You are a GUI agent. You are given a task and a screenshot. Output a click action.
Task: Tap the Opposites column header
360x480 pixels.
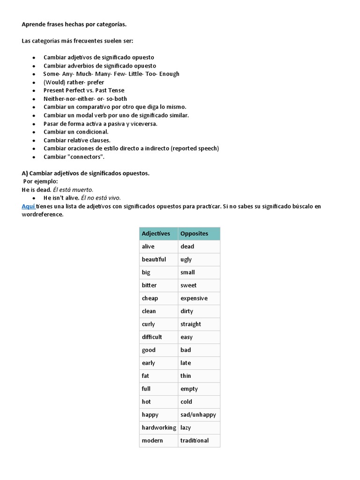pyautogui.click(x=194, y=233)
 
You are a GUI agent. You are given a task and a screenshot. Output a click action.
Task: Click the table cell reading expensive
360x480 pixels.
pyautogui.click(x=194, y=298)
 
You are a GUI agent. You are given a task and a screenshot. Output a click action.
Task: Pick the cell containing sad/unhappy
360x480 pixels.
pyautogui.click(x=198, y=414)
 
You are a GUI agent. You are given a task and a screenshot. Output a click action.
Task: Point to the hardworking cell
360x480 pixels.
pyautogui.click(x=158, y=427)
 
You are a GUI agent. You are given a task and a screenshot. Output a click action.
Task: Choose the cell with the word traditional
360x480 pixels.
pyautogui.click(x=195, y=440)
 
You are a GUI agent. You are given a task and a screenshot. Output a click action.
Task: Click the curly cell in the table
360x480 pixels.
pyautogui.click(x=148, y=324)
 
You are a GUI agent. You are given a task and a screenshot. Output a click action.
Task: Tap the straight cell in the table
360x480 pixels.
pyautogui.click(x=190, y=324)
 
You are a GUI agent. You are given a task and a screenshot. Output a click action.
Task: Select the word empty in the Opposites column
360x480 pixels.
pyautogui.click(x=189, y=389)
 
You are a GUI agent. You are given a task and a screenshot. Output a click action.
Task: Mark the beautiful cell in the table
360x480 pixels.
pyautogui.click(x=154, y=259)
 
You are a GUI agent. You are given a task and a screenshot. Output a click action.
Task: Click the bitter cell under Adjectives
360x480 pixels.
pyautogui.click(x=149, y=285)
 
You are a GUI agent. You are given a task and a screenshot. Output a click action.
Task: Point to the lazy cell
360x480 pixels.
pyautogui.click(x=186, y=427)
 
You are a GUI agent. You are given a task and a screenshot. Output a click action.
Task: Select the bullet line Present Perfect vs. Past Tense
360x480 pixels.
pyautogui.click(x=84, y=90)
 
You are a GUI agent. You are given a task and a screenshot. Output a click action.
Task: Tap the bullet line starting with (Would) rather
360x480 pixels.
pyautogui.click(x=74, y=82)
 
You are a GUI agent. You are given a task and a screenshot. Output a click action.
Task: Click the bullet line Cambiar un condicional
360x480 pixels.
pyautogui.click(x=76, y=132)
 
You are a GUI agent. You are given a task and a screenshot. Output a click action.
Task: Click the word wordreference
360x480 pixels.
pyautogui.click(x=42, y=215)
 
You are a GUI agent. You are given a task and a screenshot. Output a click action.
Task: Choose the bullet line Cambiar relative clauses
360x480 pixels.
pyautogui.click(x=77, y=140)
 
